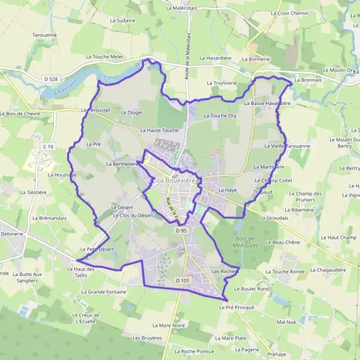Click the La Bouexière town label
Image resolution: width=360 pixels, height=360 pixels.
(178, 179)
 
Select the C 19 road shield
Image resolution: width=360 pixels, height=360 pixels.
(49, 146)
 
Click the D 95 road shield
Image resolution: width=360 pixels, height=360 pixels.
(182, 230)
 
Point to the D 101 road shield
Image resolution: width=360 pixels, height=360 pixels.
(182, 280)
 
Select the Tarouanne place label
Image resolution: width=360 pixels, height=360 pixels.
(28, 35)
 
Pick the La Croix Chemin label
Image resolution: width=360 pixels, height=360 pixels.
(289, 13)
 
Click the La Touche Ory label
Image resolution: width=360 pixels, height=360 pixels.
(220, 115)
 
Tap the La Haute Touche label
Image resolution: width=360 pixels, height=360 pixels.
(160, 130)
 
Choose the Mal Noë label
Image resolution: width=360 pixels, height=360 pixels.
(287, 322)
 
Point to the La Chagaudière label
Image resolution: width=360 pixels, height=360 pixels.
(329, 270)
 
